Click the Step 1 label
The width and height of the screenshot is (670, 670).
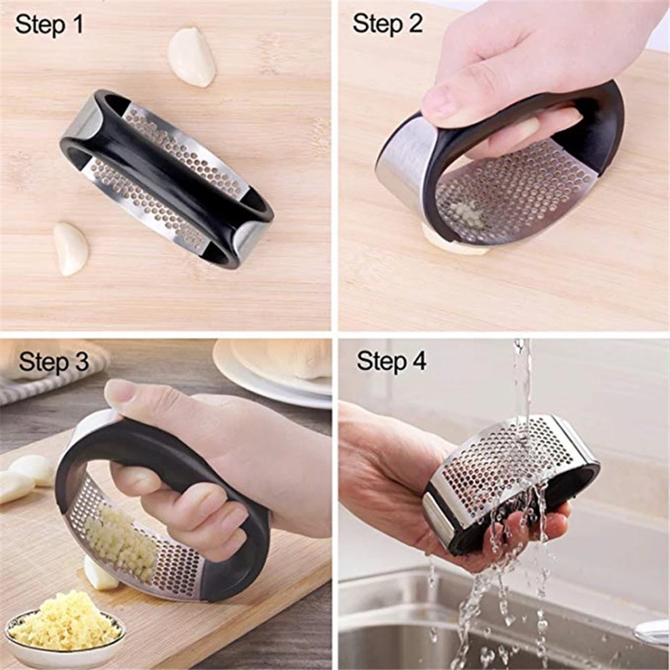click(49, 24)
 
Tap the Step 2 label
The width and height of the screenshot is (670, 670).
click(388, 24)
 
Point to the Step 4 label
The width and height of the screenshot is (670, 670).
click(391, 362)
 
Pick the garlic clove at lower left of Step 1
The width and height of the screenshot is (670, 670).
click(71, 248)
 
